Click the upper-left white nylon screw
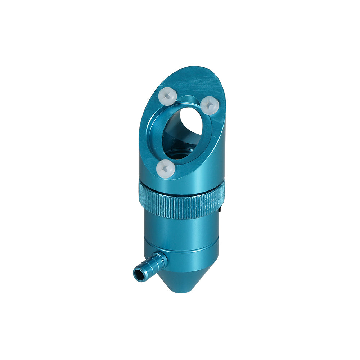[167, 96]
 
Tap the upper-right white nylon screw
[209, 105]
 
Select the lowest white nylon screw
[166, 168]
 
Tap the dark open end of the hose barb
[137, 274]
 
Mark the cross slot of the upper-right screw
[209, 105]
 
